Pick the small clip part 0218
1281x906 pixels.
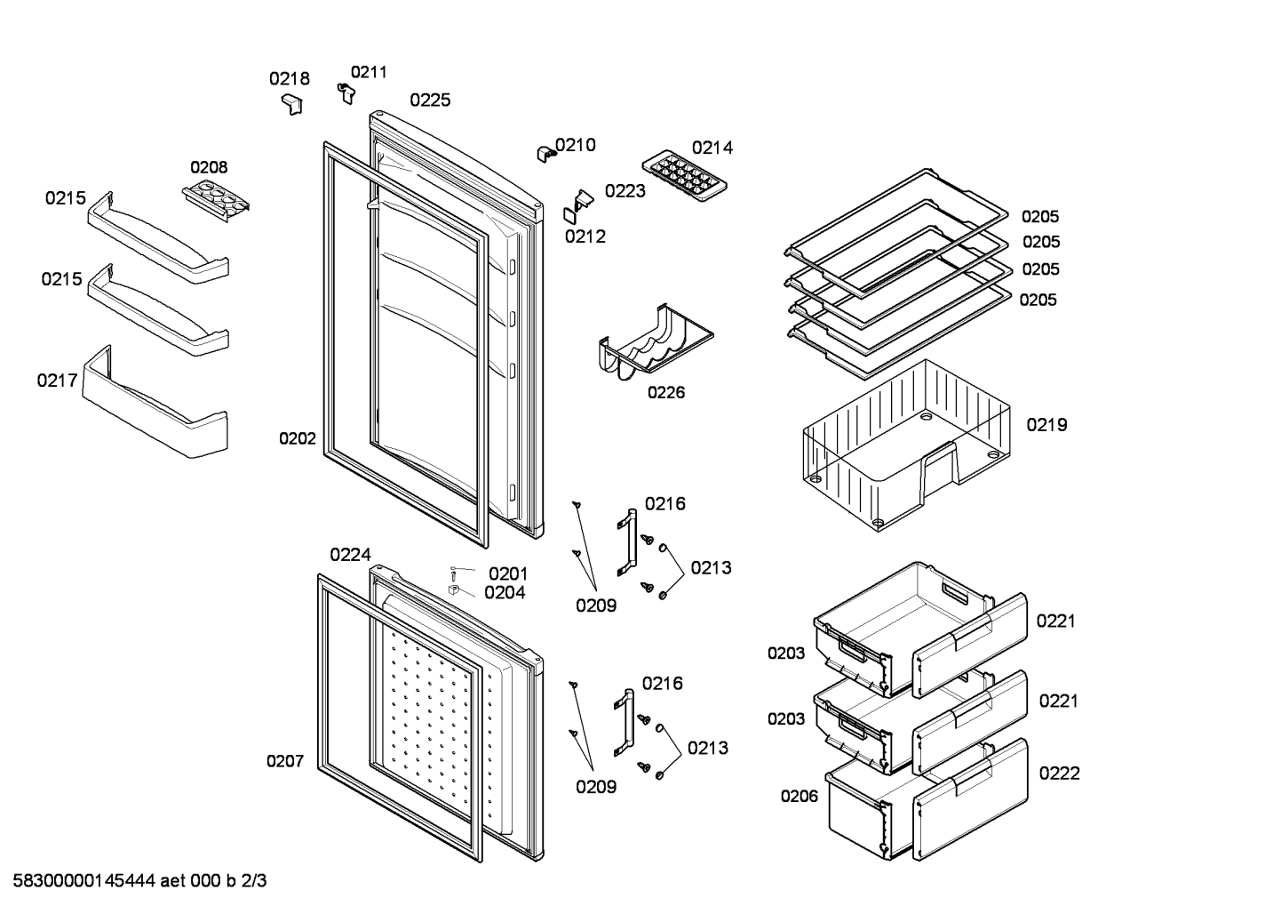point(290,104)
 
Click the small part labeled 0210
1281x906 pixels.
point(544,154)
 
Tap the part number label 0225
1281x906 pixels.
point(430,100)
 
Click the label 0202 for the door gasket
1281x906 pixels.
point(298,438)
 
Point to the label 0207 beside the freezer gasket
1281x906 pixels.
point(285,761)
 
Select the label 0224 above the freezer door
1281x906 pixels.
point(350,555)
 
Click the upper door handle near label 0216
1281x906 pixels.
point(627,542)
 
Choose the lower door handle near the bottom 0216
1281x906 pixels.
point(625,723)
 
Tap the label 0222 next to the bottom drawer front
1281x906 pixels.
point(1059,774)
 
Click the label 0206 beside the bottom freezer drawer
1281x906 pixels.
point(800,797)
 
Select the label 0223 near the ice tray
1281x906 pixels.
point(625,191)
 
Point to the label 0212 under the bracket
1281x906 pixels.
point(585,237)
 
